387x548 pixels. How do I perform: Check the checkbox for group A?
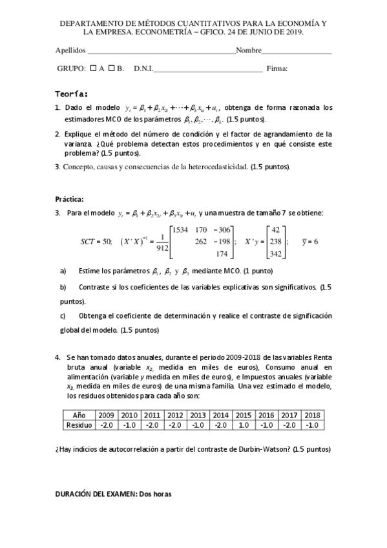click(x=94, y=67)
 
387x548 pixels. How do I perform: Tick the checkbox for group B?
click(x=112, y=67)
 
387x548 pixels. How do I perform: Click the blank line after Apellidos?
click(x=161, y=51)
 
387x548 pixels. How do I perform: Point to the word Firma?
click(x=277, y=68)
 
